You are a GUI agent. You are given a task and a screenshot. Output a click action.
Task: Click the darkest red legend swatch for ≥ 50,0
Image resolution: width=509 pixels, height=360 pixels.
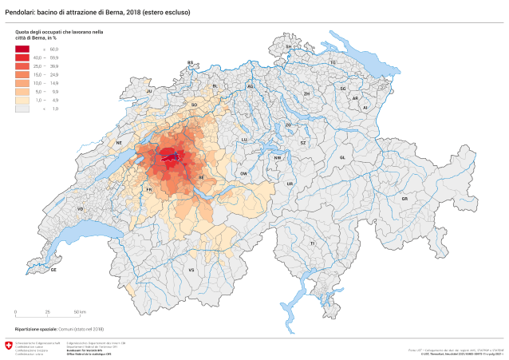coord(22,49)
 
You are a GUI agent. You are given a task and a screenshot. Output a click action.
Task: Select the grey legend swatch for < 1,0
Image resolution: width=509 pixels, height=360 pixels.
coord(22,108)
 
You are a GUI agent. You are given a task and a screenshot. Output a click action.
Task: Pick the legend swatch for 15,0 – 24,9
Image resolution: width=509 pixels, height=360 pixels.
coord(22,74)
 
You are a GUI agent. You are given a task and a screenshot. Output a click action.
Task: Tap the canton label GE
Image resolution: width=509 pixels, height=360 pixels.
coord(53,270)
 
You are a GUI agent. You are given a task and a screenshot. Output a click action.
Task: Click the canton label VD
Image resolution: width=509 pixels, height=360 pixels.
coord(80,209)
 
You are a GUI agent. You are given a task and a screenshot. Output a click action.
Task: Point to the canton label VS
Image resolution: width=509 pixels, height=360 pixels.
coord(191,271)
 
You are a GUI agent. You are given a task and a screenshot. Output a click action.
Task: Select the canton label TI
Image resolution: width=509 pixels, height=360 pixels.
coord(313,243)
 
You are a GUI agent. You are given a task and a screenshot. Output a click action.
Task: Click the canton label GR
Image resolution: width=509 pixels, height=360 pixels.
coord(404,198)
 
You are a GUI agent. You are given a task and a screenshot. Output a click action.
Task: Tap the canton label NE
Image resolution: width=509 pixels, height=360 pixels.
coord(119,143)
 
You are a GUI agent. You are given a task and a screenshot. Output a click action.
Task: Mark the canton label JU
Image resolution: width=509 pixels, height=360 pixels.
coord(148,92)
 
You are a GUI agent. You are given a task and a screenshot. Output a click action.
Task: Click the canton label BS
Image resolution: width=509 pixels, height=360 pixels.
coord(191,62)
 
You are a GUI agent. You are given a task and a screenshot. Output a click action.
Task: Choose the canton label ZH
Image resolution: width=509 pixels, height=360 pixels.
coord(306,93)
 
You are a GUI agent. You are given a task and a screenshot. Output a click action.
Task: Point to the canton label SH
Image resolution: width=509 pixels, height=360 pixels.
coord(289,47)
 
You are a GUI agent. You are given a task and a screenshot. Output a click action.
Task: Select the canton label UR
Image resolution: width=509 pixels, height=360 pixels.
coord(290,184)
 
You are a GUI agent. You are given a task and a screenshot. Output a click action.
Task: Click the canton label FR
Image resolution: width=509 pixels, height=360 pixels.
coord(149,190)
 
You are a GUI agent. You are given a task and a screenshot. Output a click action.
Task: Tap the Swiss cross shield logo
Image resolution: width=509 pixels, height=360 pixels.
coord(9,346)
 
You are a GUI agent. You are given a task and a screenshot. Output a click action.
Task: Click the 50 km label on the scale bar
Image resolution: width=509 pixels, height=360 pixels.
coord(81,311)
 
